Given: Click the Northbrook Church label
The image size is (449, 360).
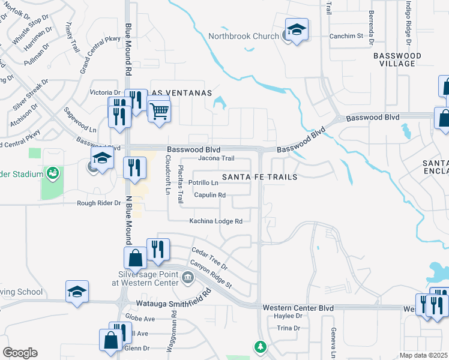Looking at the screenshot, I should [243, 36].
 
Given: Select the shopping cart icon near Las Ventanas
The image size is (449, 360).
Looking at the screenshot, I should [159, 111].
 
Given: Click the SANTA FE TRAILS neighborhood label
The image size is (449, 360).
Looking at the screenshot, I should [260, 177].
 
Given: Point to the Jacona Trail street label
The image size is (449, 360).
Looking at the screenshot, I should [216, 158].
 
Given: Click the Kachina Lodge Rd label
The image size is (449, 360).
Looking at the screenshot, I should [215, 221].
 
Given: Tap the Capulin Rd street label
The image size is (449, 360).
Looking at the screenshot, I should [209, 195].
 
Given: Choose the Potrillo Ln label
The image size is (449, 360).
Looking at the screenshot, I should [202, 182].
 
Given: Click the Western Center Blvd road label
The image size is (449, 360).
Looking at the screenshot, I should [298, 308].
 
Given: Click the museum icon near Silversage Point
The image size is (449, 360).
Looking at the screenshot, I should [187, 277].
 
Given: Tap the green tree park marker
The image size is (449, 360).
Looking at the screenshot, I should [260, 347].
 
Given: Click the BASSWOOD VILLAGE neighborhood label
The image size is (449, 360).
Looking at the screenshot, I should [397, 59].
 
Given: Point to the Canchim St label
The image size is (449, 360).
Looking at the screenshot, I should [346, 36].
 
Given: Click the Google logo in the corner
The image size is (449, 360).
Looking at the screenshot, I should [20, 353].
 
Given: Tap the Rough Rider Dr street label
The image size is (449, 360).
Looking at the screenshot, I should [99, 203].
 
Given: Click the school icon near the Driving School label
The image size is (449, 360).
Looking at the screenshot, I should [77, 292].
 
